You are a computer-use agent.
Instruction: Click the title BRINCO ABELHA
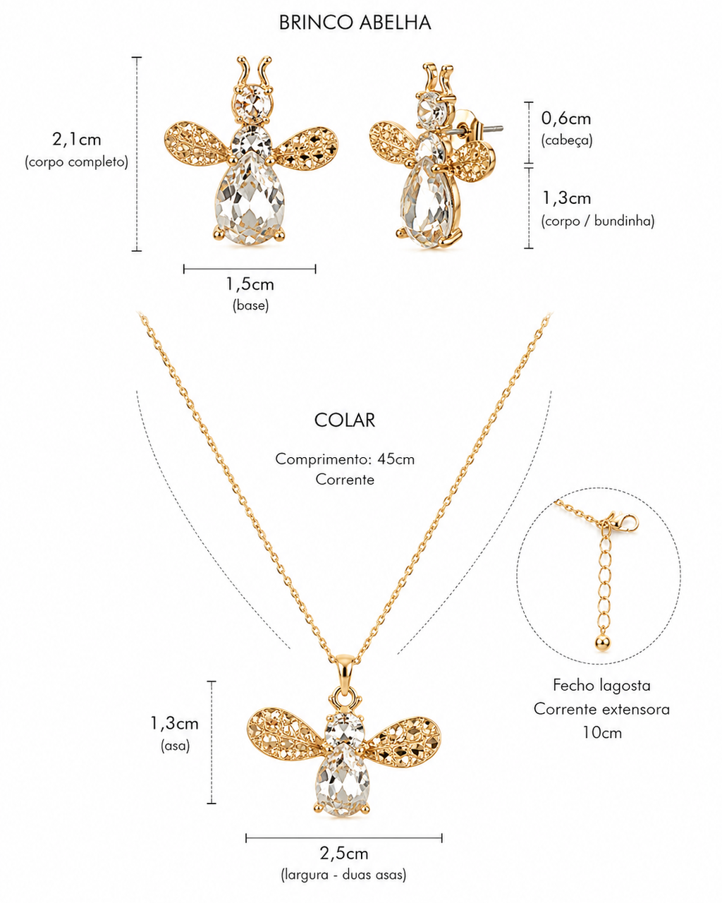point(355,23)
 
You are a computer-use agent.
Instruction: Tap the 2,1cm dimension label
point(77,139)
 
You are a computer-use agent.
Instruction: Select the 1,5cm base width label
point(250,284)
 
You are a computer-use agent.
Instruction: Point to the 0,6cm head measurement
point(566,119)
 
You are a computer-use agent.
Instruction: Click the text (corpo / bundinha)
point(597,221)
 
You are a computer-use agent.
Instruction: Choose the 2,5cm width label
point(344,853)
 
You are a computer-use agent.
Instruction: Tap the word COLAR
point(344,420)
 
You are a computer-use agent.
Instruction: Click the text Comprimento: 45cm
point(345,459)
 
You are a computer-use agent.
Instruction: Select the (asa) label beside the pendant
point(176,746)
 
